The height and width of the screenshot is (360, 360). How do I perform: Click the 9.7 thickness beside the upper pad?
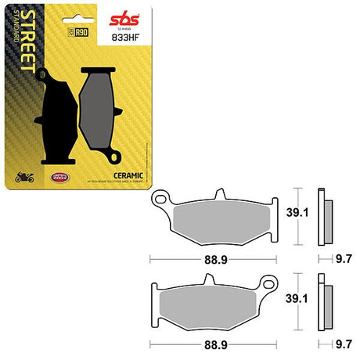point(342,257)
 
